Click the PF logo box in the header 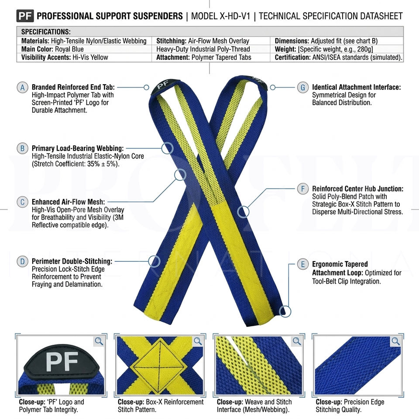click(x=25, y=16)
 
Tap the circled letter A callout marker click(x=22, y=87)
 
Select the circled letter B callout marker click(x=22, y=148)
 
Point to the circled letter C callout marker click(x=22, y=202)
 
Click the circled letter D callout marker click(x=22, y=261)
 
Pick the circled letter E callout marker click(x=303, y=264)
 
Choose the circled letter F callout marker click(x=303, y=189)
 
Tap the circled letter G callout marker click(x=303, y=87)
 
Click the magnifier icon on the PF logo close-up click(x=99, y=341)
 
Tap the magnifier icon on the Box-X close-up click(x=198, y=341)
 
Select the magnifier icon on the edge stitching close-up click(x=396, y=341)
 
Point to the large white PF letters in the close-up click(x=62, y=362)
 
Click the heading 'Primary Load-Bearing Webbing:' click(x=78, y=148)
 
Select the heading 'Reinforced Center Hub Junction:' click(x=357, y=189)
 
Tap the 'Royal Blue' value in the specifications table click(x=69, y=49)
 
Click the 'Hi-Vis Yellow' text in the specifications click(x=90, y=58)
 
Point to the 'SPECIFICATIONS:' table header click(x=46, y=32)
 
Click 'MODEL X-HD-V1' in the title click(x=220, y=16)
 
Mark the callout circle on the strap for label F click(x=243, y=212)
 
